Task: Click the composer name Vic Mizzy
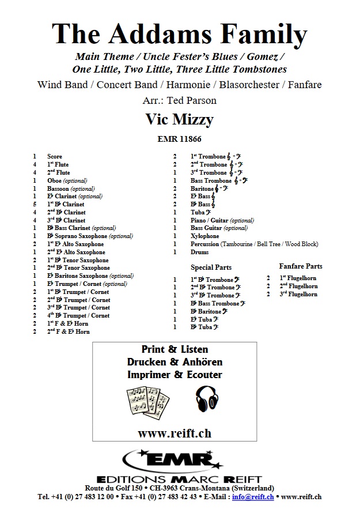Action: [x=179, y=120]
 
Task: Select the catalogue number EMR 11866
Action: [x=179, y=138]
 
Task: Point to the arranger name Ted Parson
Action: [x=195, y=100]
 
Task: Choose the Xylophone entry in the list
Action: [x=205, y=236]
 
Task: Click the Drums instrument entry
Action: [x=199, y=252]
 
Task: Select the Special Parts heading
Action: [x=211, y=267]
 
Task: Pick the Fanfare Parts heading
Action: [x=301, y=266]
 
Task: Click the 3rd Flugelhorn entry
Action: [x=298, y=294]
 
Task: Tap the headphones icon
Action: [x=207, y=399]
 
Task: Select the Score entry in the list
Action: [x=55, y=156]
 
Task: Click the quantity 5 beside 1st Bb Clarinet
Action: [x=35, y=204]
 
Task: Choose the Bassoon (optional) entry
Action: [x=71, y=188]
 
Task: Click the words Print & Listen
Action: [x=175, y=349]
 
